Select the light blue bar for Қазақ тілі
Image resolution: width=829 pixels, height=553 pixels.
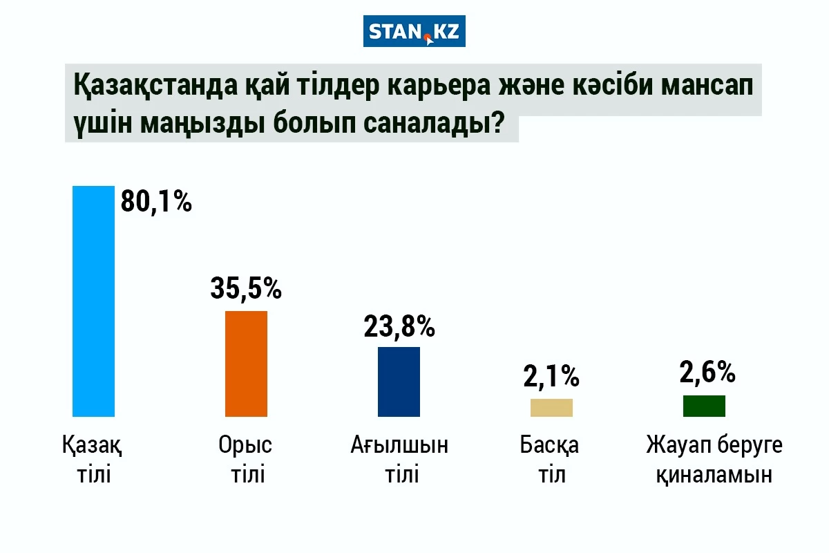[93, 301]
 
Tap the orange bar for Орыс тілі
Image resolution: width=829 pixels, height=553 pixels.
[247, 364]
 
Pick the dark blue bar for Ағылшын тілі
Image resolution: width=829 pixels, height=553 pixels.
[399, 382]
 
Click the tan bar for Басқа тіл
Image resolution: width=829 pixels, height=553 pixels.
[551, 408]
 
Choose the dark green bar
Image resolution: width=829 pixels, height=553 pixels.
[704, 406]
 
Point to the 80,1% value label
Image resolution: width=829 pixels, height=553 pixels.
[156, 202]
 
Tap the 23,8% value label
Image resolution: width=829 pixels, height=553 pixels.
[399, 326]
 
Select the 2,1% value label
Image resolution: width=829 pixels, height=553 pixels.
[551, 376]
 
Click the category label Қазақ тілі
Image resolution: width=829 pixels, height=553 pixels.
[93, 460]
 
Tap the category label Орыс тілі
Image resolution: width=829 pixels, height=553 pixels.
[246, 460]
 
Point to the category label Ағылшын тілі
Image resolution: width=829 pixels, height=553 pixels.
[399, 460]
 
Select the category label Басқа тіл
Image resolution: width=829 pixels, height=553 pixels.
[551, 460]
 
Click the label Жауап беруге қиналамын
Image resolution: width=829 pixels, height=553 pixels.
[714, 460]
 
